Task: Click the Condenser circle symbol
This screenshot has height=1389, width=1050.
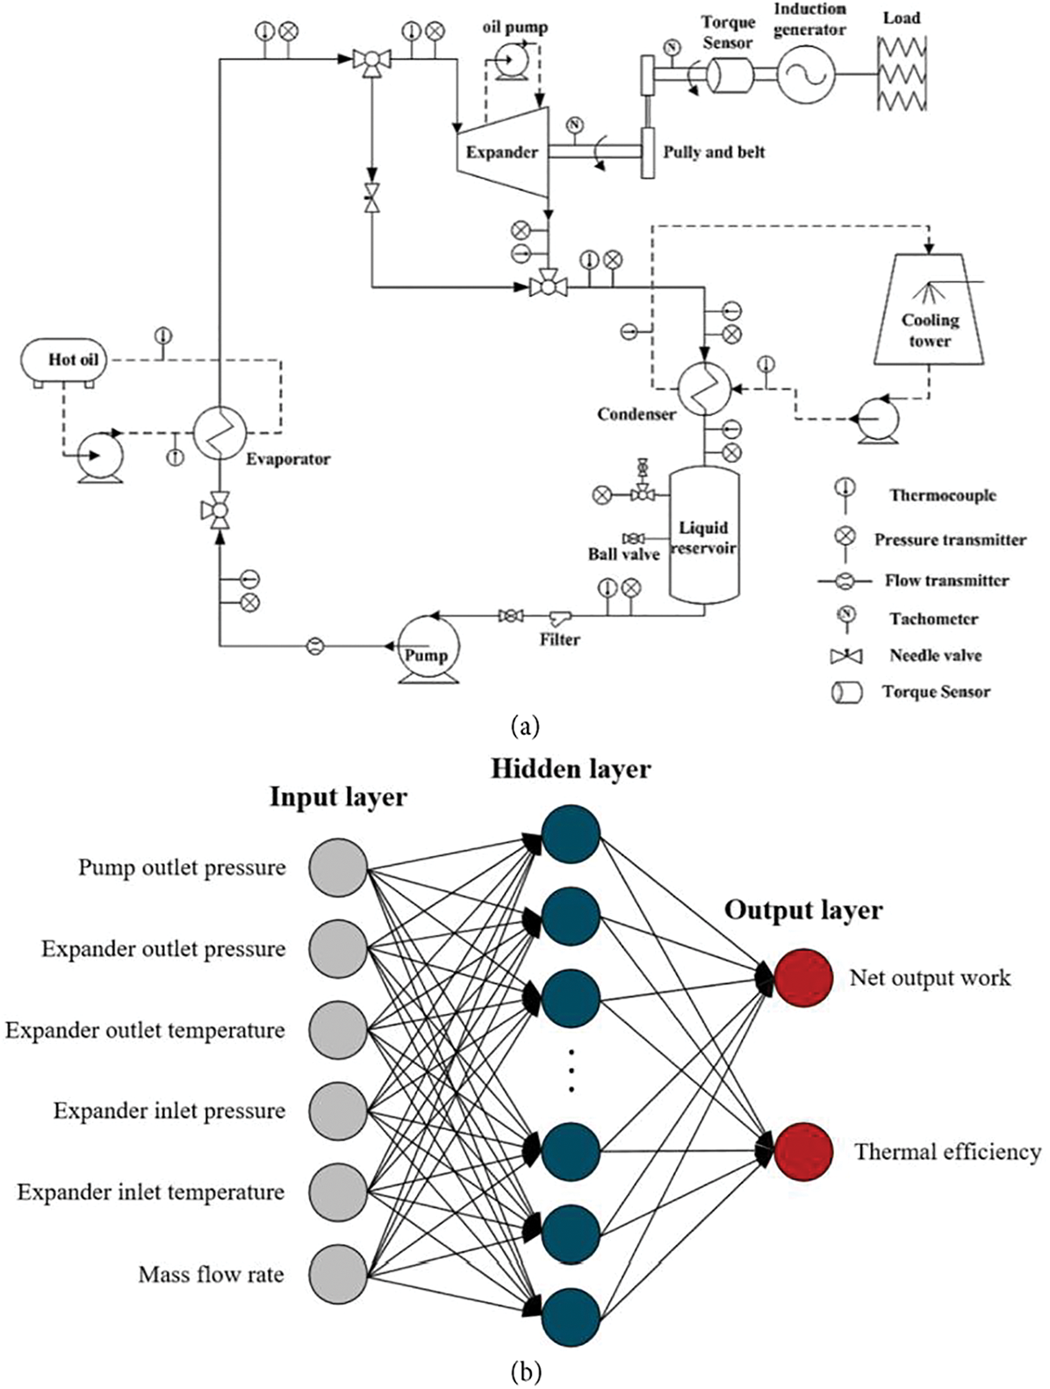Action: coord(704,389)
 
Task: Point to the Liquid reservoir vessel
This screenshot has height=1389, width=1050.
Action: coord(704,535)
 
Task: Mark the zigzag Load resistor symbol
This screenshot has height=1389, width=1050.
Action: coord(902,74)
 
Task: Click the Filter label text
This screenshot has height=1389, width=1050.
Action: coord(559,639)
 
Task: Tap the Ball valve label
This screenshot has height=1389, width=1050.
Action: coord(623,554)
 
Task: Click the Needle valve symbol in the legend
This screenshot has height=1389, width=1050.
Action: coord(846,656)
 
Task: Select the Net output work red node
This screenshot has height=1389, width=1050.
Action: coord(803,977)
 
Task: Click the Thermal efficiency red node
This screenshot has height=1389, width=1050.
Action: coord(803,1150)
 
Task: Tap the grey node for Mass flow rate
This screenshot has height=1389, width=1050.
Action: coord(338,1273)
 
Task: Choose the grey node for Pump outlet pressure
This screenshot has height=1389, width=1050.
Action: coord(338,867)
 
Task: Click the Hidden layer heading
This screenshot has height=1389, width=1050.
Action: coord(571,769)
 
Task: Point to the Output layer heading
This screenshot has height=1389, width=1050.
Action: coord(802,910)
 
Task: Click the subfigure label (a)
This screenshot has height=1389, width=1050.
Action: coord(524,726)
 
